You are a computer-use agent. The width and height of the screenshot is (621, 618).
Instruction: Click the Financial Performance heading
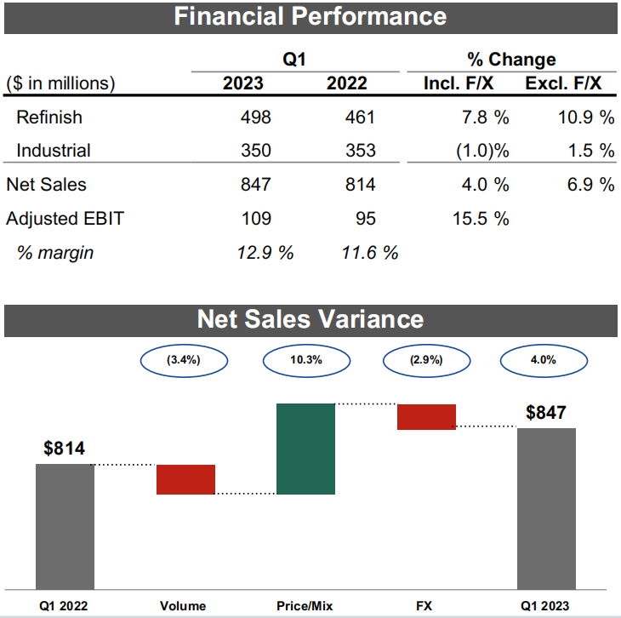pyautogui.click(x=310, y=16)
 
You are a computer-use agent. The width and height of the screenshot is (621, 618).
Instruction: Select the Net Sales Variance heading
pyautogui.click(x=310, y=318)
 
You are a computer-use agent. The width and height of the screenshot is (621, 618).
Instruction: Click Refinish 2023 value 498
pyautogui.click(x=255, y=117)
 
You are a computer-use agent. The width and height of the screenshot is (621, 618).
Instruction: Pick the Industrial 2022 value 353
pyautogui.click(x=360, y=151)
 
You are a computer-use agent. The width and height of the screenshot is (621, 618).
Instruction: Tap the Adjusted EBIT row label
pyautogui.click(x=65, y=218)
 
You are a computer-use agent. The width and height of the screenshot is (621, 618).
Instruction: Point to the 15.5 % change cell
pyautogui.click(x=482, y=218)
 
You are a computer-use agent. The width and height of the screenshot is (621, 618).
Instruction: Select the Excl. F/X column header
pyautogui.click(x=563, y=83)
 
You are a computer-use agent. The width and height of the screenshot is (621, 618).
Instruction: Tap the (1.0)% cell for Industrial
pyautogui.click(x=481, y=151)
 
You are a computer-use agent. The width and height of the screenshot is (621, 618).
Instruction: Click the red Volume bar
pyautogui.click(x=185, y=479)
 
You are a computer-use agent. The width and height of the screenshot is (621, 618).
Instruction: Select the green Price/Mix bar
pyautogui.click(x=306, y=449)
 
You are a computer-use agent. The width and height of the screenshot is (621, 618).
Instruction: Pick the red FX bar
pyautogui.click(x=427, y=417)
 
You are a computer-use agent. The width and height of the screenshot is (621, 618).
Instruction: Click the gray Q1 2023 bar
pyautogui.click(x=547, y=507)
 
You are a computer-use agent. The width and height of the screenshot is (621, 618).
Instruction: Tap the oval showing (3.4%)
pyautogui.click(x=184, y=360)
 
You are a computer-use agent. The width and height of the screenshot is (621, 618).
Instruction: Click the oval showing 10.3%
pyautogui.click(x=305, y=360)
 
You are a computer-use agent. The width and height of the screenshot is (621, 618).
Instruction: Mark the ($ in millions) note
pyautogui.click(x=60, y=83)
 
